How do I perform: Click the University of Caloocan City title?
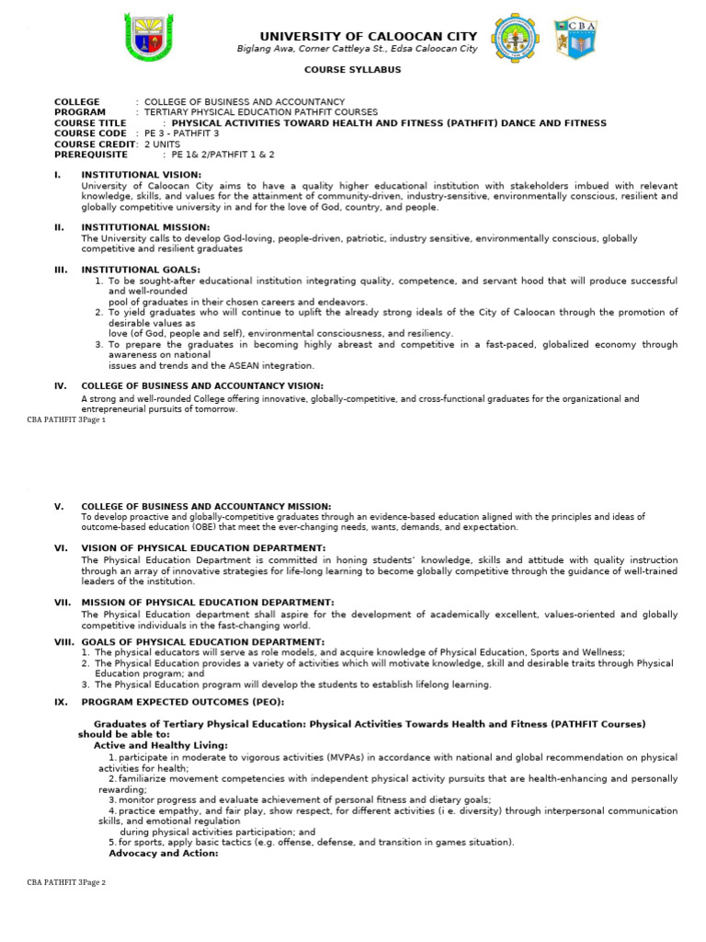[369, 36]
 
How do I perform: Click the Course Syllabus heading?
[353, 70]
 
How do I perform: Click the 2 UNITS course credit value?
[162, 144]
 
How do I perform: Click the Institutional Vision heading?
[141, 174]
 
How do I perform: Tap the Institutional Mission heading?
[145, 226]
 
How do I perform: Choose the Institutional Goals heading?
[141, 270]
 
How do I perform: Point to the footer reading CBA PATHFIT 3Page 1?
[66, 419]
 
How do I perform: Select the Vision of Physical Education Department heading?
[203, 547]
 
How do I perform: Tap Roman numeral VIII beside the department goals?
[63, 640]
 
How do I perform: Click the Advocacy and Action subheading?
[164, 853]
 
